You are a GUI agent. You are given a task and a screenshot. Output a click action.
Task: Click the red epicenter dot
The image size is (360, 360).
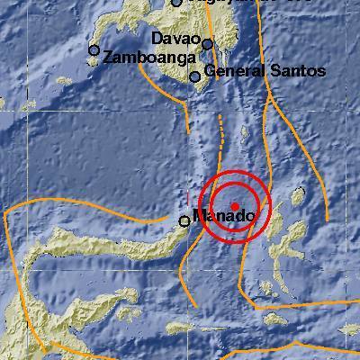click(x=234, y=206)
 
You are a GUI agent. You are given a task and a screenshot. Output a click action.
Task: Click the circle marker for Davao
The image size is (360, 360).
click(x=208, y=43)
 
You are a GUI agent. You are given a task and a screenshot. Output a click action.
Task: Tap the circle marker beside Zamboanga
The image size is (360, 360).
click(x=94, y=50)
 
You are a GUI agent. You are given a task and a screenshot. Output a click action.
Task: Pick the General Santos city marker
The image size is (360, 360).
click(x=194, y=77)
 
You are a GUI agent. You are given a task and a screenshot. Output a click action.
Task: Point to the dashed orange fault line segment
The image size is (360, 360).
click(x=220, y=130)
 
